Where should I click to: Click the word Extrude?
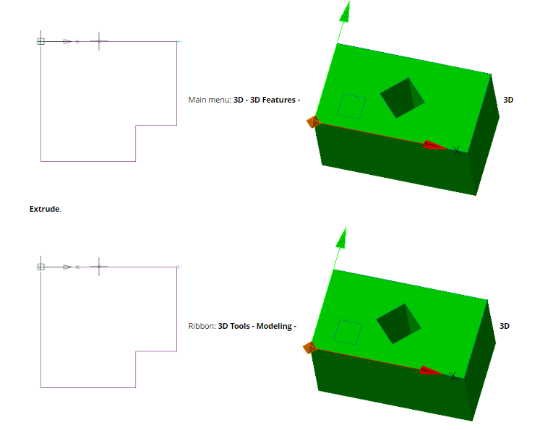coord(45,209)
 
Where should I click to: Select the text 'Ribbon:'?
coord(202,326)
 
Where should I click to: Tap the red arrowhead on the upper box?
coord(434,145)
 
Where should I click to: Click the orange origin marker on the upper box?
coord(313,121)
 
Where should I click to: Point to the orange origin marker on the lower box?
coord(310,348)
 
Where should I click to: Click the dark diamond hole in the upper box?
coord(402,98)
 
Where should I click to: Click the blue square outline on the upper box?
coord(352,106)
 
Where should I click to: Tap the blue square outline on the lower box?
coord(349,332)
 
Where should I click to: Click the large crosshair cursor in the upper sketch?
coord(99,41)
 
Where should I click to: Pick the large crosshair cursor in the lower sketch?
coord(99,267)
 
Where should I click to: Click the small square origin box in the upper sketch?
coord(41,41)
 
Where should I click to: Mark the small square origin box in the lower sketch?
coord(41,267)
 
